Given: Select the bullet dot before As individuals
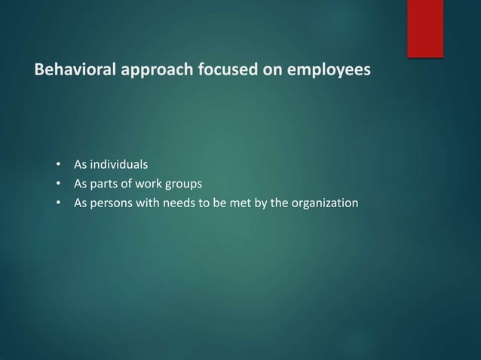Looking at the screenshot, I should pyautogui.click(x=57, y=164).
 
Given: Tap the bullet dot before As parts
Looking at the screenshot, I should pyautogui.click(x=57, y=184).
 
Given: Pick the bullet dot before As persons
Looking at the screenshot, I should pyautogui.click(x=57, y=203).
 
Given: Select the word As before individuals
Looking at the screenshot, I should pyautogui.click(x=79, y=163).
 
